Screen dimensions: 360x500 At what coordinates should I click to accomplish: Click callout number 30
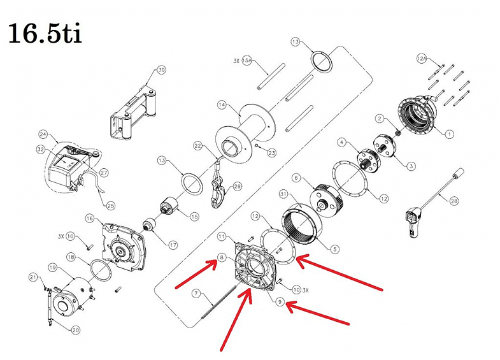161,69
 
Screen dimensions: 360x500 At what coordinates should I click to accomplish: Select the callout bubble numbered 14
221,104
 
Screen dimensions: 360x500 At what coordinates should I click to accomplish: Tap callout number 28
454,201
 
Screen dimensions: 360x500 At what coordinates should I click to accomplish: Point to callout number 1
449,134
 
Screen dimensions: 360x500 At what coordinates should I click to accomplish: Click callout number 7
197,294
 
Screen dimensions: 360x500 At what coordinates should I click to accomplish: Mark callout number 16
89,219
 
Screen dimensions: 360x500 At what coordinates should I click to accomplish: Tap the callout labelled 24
43,134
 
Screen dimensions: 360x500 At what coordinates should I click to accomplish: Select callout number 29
238,187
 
